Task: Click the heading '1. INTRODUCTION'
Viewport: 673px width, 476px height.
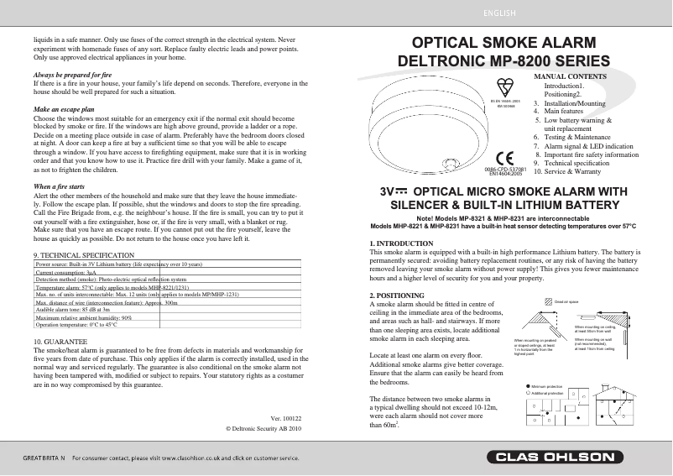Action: click(x=401, y=243)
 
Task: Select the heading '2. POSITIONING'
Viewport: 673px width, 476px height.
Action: click(x=397, y=296)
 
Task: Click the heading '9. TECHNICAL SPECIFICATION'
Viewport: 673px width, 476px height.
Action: click(x=82, y=254)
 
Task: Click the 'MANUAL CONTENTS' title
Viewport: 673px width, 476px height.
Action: click(x=571, y=76)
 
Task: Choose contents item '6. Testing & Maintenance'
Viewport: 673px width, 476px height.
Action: click(x=575, y=137)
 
